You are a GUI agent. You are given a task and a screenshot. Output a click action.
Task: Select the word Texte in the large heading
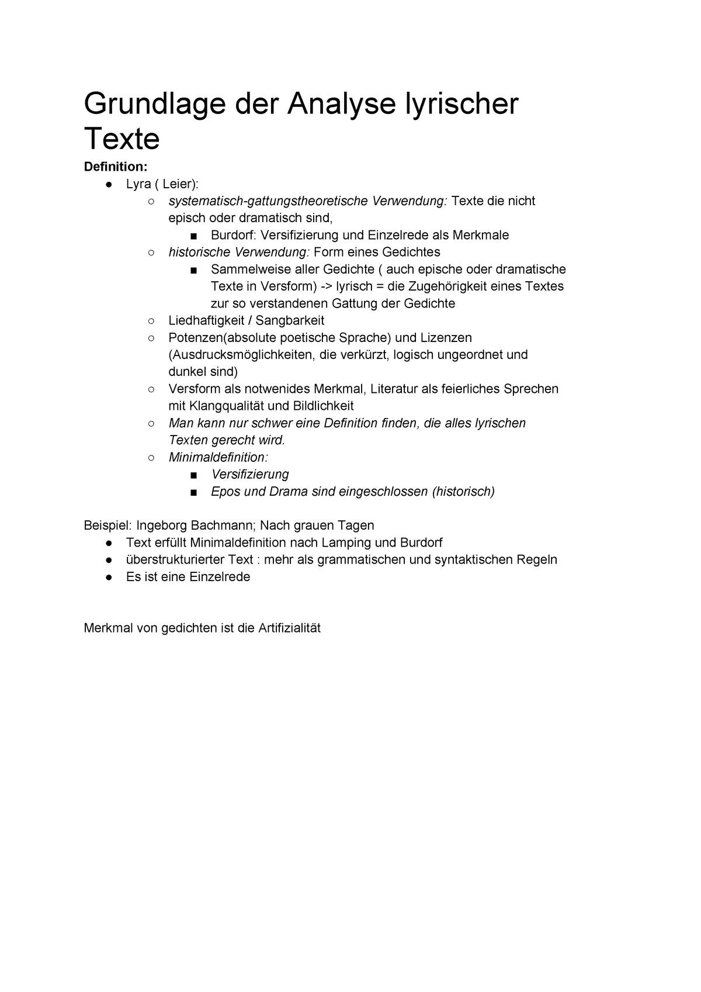point(122,139)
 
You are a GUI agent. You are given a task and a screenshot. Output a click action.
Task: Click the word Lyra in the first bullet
point(138,184)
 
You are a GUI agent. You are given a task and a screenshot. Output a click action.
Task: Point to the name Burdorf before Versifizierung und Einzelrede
point(233,235)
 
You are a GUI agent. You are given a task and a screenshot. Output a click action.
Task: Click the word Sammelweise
point(244,269)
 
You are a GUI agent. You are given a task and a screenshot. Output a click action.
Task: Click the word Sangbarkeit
point(290,320)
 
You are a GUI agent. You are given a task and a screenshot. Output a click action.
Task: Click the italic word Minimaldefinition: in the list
point(218,457)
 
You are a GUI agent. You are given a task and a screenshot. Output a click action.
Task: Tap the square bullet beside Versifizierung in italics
point(193,475)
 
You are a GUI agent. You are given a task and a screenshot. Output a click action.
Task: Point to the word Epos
point(225,492)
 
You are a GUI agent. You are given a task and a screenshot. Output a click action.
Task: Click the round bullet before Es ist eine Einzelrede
point(109,577)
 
